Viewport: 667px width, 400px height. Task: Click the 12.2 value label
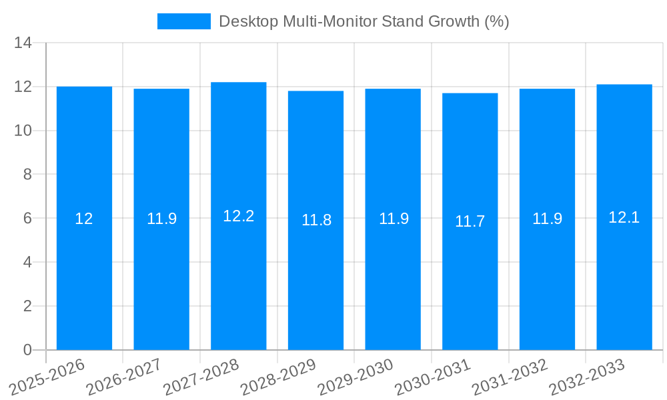239,216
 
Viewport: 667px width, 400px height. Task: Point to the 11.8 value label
316,220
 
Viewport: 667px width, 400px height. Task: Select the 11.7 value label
470,221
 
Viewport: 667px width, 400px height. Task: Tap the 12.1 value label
624,217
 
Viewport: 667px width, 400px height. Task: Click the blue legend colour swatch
183,21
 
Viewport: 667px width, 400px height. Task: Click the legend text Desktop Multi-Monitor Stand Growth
364,21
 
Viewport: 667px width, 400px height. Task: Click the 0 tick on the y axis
27,350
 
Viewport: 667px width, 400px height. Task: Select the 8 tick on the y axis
27,174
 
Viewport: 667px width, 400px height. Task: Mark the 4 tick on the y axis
27,262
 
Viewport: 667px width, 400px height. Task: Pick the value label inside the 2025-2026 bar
84,218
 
